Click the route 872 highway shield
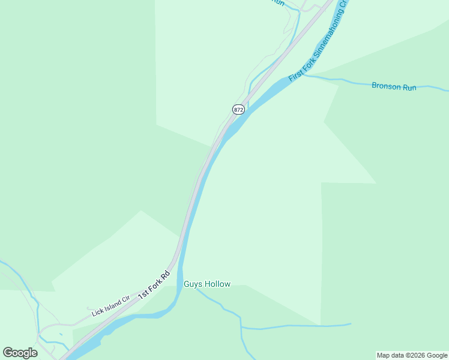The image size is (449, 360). click(x=238, y=109)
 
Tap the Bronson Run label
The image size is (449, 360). click(x=394, y=86)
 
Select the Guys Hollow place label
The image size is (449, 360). click(x=207, y=284)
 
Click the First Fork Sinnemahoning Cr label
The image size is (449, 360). click(x=318, y=42)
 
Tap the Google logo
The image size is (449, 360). click(x=20, y=352)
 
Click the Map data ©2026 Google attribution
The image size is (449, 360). click(x=412, y=355)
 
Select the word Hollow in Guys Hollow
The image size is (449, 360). click(x=217, y=284)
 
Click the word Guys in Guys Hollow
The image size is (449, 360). click(x=193, y=284)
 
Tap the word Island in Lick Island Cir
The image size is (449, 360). click(x=112, y=305)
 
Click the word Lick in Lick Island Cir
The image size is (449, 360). click(x=97, y=312)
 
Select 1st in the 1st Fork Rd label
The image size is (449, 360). click(x=143, y=295)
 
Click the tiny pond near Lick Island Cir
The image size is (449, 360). click(x=61, y=334)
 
